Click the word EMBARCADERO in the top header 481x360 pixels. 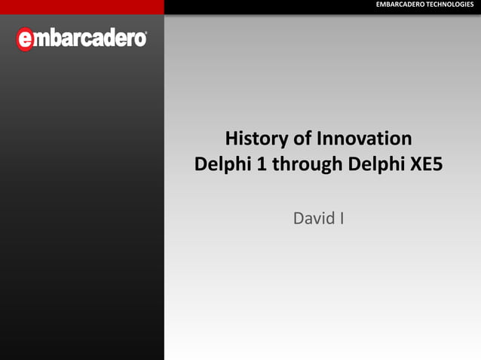(x=400, y=6)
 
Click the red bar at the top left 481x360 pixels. (x=81, y=6)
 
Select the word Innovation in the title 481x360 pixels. (x=364, y=139)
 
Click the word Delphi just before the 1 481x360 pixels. (x=222, y=163)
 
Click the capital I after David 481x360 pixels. (x=342, y=219)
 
